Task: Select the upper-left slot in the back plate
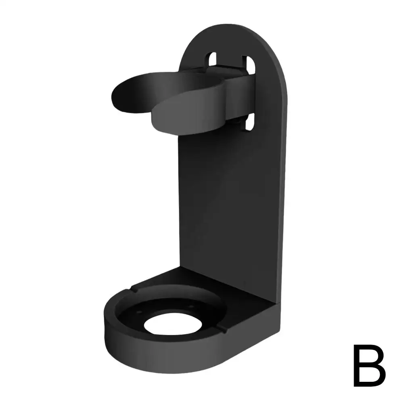(x=212, y=60)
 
